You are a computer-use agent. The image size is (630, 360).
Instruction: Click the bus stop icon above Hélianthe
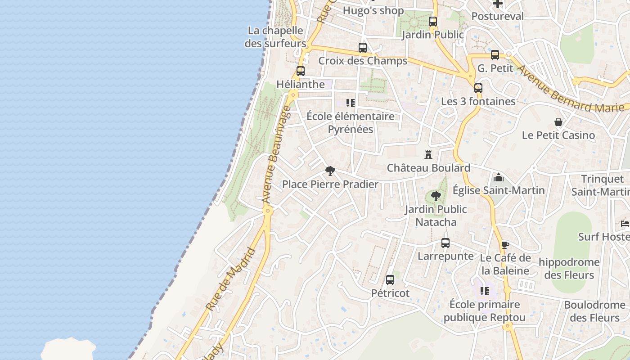point(301,71)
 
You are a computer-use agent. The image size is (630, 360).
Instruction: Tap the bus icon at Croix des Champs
point(363,48)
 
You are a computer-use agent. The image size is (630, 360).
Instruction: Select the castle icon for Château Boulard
point(428,155)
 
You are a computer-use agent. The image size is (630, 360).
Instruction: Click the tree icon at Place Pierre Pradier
point(330,171)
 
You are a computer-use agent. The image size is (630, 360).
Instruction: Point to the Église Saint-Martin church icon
point(499,177)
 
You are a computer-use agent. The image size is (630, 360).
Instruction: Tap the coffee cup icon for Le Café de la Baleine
point(505,245)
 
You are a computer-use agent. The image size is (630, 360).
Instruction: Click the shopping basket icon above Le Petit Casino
point(558,122)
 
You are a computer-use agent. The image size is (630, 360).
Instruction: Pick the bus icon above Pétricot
point(390,280)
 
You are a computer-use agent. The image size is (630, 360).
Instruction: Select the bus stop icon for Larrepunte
point(445,243)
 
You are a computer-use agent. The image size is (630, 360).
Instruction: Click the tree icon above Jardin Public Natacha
point(436,196)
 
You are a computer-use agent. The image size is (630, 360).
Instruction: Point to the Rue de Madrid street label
point(231,279)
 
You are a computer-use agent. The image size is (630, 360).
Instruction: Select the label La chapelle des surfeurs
point(275,37)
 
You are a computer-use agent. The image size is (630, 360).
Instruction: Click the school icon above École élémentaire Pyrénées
point(351,103)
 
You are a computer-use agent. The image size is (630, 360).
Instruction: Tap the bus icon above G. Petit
point(495,55)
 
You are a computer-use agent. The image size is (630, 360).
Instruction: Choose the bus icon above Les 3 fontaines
point(478,88)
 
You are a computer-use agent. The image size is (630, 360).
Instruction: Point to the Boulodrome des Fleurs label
point(594,311)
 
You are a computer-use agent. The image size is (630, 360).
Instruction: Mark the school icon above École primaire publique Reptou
point(484,291)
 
